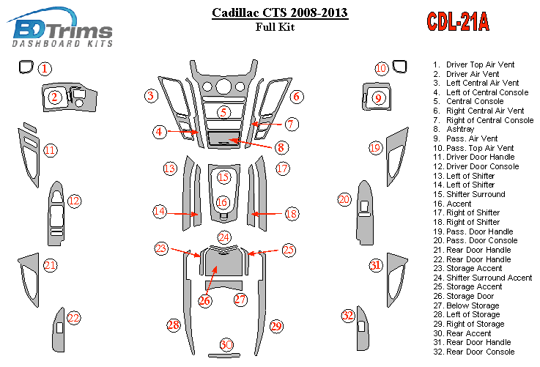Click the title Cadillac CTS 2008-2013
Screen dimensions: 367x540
click(x=279, y=12)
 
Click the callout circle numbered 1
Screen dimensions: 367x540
click(x=45, y=70)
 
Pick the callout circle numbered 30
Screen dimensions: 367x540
click(x=226, y=345)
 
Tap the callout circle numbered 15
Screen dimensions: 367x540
click(x=223, y=177)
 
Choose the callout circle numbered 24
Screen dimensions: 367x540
click(x=223, y=237)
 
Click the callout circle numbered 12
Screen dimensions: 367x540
click(x=74, y=201)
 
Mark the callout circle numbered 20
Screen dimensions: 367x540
click(x=344, y=199)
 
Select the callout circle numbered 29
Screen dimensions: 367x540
click(x=276, y=325)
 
